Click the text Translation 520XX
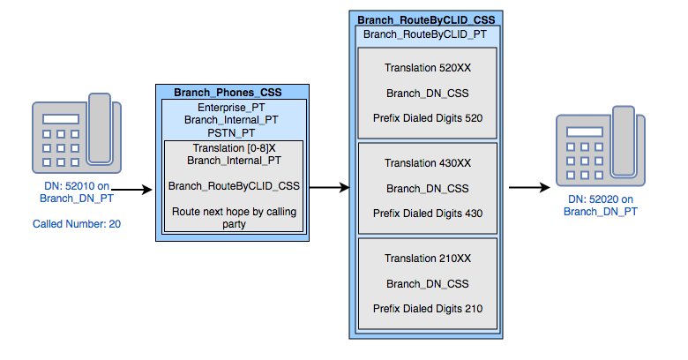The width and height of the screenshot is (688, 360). coord(427,68)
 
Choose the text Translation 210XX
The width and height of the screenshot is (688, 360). coord(427,259)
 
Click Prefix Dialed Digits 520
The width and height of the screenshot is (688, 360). coord(427,117)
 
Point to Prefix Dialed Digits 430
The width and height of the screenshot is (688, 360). coord(427,213)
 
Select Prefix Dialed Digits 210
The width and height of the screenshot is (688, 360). coord(427,308)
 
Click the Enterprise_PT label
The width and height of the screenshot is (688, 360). coord(234,106)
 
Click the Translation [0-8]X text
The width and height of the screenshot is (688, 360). coord(234,147)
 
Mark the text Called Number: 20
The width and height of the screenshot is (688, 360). coord(77,225)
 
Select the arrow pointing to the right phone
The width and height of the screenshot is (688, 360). coord(530,187)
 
